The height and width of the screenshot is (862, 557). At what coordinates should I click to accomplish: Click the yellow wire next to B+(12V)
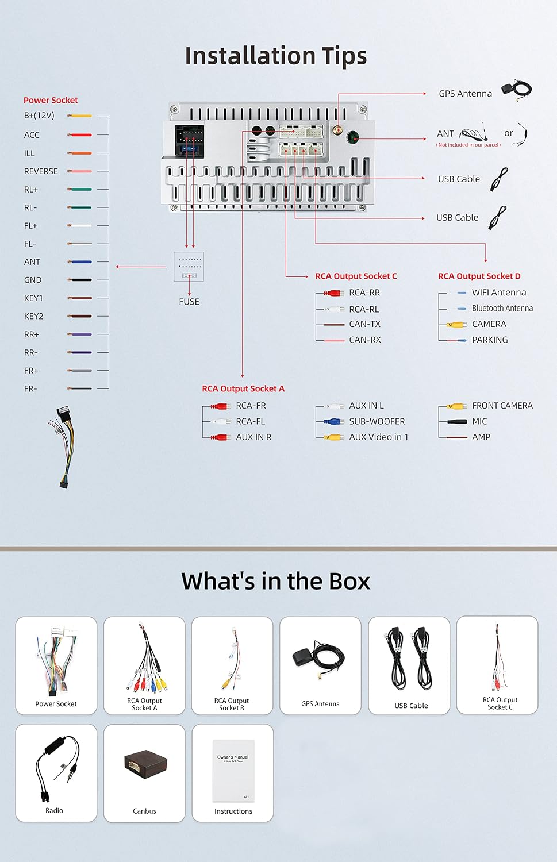[80, 116]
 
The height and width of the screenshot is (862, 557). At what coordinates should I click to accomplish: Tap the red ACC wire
[80, 135]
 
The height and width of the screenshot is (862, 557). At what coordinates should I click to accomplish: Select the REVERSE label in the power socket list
[41, 171]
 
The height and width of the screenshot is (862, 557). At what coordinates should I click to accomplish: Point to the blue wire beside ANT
[80, 262]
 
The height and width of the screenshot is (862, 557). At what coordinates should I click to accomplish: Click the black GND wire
[80, 280]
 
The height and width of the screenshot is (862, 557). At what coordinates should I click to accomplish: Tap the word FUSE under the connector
[189, 302]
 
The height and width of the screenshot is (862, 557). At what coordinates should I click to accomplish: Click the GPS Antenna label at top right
[466, 94]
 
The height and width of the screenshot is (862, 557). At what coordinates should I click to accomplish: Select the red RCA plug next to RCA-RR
[334, 293]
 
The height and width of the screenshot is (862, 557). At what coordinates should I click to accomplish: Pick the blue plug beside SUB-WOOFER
[334, 421]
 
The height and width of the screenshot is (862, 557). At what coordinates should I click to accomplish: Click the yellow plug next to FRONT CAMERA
[457, 406]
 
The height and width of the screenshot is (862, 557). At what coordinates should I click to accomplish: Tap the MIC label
[479, 421]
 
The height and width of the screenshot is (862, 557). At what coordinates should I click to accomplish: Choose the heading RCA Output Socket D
[479, 276]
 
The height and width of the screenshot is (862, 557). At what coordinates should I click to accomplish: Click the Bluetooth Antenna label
[502, 308]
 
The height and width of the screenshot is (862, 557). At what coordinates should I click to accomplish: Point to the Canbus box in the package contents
[145, 764]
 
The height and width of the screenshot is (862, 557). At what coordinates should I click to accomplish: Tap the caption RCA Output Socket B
[231, 704]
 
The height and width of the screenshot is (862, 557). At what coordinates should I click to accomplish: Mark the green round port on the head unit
[352, 137]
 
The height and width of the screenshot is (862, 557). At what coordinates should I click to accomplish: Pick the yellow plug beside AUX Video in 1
[334, 437]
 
